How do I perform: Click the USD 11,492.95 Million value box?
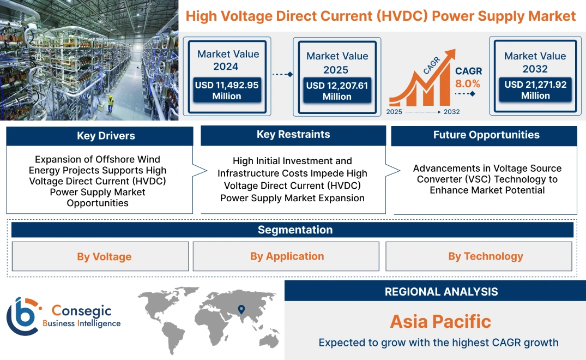point(227,90)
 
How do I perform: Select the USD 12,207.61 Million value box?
point(337,91)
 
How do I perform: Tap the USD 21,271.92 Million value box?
point(535,90)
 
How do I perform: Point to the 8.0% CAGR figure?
point(468,83)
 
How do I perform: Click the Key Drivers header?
point(99,136)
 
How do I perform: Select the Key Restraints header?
point(293,135)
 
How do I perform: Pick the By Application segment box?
point(287,256)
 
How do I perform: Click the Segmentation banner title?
point(295,230)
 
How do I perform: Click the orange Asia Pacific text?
point(440,321)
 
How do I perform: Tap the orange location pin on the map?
point(240,310)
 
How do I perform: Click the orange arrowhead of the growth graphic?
point(450,55)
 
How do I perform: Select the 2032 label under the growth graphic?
point(451,112)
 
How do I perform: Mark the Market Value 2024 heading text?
point(228,60)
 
